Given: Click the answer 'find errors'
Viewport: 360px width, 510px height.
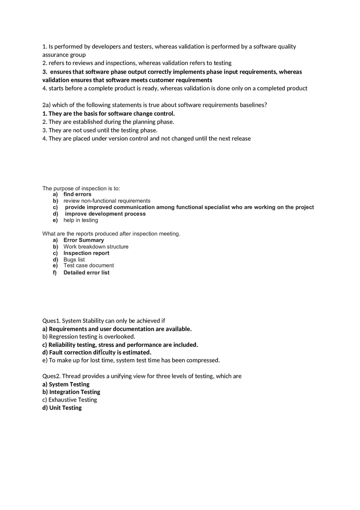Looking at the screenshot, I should pyautogui.click(x=77, y=194).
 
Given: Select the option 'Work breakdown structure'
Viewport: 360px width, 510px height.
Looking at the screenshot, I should pyautogui.click(x=96, y=247).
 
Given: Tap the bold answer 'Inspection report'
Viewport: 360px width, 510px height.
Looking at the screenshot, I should pyautogui.click(x=86, y=253).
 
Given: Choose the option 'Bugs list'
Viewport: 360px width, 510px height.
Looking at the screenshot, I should pyautogui.click(x=74, y=260).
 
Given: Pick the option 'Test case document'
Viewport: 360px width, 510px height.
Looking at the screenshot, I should pyautogui.click(x=88, y=265).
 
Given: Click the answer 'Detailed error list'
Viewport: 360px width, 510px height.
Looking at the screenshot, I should pyautogui.click(x=86, y=273).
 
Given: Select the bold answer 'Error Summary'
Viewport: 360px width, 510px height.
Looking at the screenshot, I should pyautogui.click(x=83, y=240).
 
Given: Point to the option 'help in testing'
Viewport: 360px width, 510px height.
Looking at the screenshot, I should pyautogui.click(x=81, y=220).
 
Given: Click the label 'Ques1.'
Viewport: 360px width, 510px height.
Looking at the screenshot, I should pyautogui.click(x=51, y=321).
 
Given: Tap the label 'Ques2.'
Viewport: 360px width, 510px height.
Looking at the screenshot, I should pyautogui.click(x=51, y=376).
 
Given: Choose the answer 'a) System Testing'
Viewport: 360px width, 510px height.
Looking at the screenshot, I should pyautogui.click(x=66, y=384).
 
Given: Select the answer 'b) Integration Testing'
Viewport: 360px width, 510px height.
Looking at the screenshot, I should pyautogui.click(x=71, y=392).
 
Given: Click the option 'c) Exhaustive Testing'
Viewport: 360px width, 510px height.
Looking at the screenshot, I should pyautogui.click(x=70, y=400).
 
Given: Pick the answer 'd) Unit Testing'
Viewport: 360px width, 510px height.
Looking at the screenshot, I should pyautogui.click(x=62, y=408).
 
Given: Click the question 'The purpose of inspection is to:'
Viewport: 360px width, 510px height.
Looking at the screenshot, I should pyautogui.click(x=81, y=189).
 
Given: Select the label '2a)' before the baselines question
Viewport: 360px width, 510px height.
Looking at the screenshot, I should pyautogui.click(x=46, y=105).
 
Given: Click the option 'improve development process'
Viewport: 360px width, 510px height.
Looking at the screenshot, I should pyautogui.click(x=105, y=214).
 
